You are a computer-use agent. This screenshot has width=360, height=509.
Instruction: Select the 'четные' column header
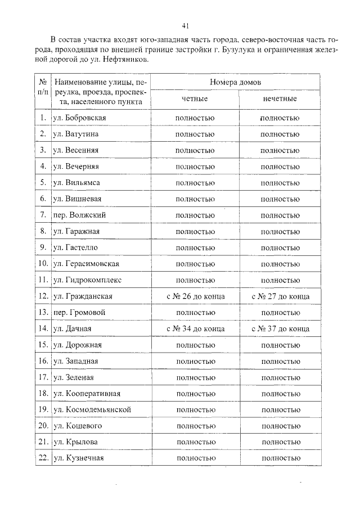pyautogui.click(x=195, y=98)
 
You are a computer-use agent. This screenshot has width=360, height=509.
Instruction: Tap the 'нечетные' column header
pyautogui.click(x=280, y=98)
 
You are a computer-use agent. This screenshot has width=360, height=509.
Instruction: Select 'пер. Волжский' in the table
pyautogui.click(x=79, y=215)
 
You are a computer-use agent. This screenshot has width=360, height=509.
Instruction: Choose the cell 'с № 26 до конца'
pyautogui.click(x=195, y=296)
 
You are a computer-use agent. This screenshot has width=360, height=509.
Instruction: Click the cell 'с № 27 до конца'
pyautogui.click(x=280, y=296)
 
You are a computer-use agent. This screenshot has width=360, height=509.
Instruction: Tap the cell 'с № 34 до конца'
pyautogui.click(x=195, y=328)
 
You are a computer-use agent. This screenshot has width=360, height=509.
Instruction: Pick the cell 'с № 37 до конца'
pyautogui.click(x=280, y=328)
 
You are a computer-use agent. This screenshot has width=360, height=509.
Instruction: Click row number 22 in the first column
pyautogui.click(x=42, y=458)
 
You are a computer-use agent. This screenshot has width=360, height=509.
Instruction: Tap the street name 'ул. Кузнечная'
pyautogui.click(x=78, y=458)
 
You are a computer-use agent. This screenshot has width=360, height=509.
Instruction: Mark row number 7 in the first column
pyautogui.click(x=43, y=215)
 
